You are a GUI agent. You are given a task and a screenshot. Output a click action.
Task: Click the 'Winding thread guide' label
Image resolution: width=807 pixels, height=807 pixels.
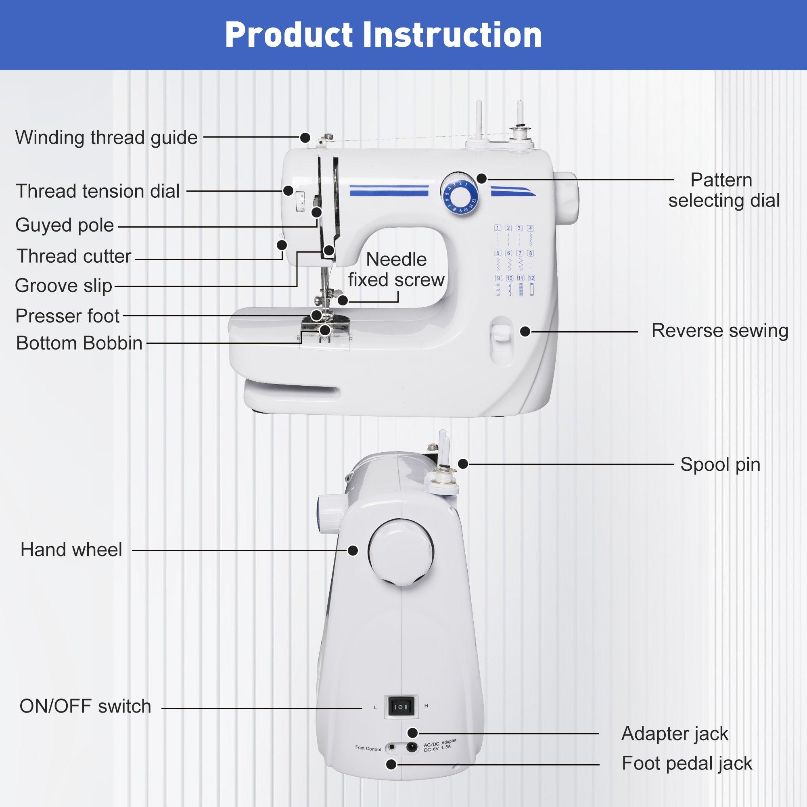click(x=106, y=138)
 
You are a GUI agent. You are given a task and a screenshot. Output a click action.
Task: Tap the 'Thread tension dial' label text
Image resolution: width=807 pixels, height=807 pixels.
click(x=98, y=191)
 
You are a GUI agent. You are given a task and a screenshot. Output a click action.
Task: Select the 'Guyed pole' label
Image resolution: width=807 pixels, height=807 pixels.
click(x=64, y=226)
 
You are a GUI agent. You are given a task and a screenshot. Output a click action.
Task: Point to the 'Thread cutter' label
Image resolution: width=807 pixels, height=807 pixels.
click(x=73, y=256)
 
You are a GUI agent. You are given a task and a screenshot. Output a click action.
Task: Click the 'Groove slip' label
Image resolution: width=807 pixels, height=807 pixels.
click(x=63, y=286)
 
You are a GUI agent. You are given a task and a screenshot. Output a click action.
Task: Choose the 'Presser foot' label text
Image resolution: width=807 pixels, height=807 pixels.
click(x=67, y=316)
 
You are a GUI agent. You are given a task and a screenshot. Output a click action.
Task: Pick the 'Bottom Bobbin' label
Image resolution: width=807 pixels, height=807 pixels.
click(x=79, y=343)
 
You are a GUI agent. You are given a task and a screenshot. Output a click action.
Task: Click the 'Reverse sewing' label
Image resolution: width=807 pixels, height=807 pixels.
click(x=720, y=331)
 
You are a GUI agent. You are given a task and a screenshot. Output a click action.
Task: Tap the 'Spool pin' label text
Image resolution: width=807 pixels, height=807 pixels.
click(x=720, y=464)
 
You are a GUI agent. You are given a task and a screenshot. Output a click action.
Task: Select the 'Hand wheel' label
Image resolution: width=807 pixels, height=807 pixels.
click(x=71, y=550)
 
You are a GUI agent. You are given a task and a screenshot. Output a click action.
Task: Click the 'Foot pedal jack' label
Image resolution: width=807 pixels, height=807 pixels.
click(x=687, y=763)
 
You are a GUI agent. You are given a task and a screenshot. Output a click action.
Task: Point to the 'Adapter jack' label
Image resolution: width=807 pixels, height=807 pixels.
click(x=675, y=734)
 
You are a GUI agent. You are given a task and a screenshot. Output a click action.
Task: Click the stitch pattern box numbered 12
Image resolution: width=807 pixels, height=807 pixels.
click(x=531, y=278)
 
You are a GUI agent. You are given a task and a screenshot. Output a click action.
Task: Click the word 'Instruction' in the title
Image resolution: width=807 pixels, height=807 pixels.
click(x=452, y=35)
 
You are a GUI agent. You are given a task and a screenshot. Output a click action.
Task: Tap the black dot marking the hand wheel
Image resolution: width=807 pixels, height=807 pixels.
click(x=353, y=550)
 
